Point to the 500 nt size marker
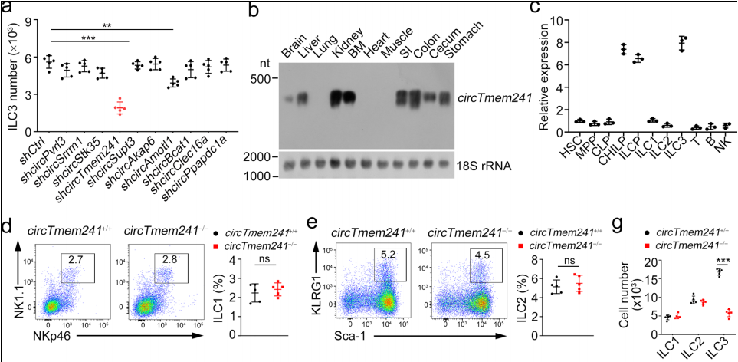tap(261, 77)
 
